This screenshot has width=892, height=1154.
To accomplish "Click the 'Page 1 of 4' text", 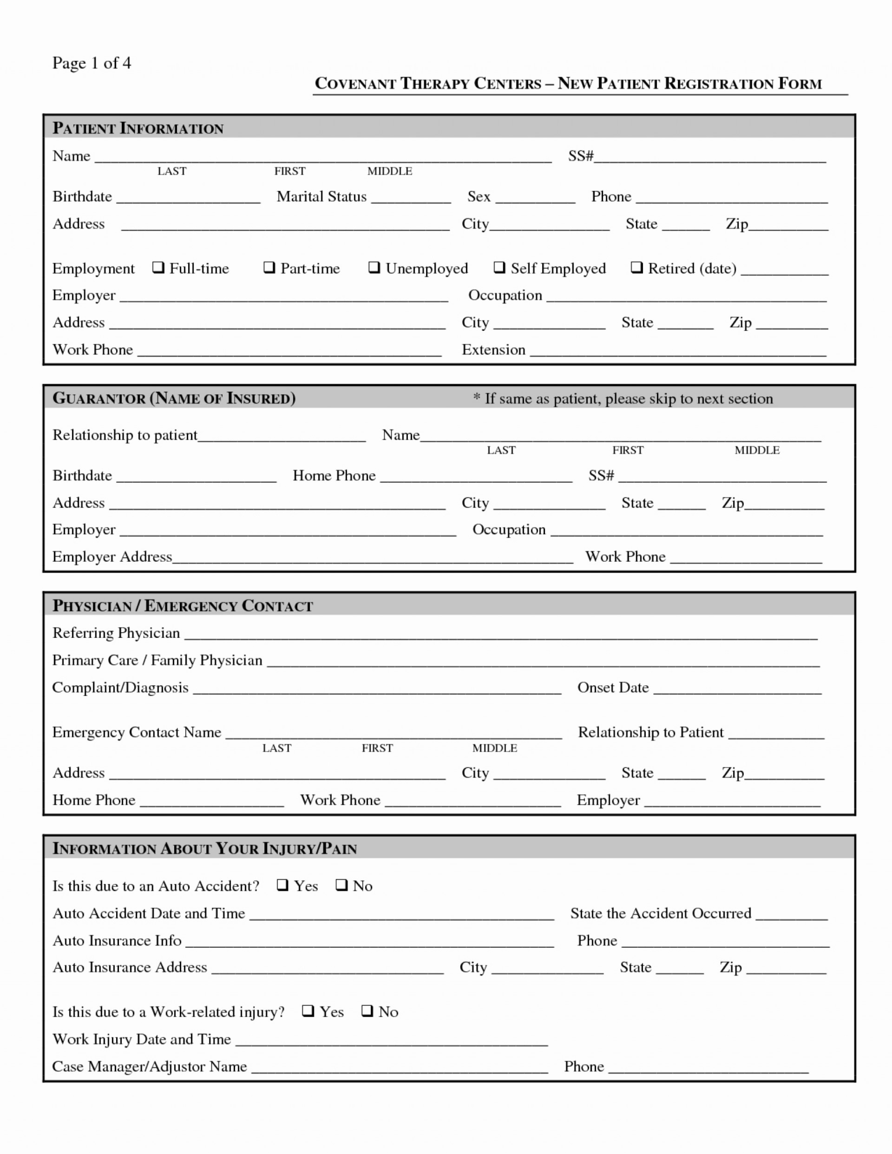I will coord(91,63).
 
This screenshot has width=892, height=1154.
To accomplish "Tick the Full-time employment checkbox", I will coord(158,267).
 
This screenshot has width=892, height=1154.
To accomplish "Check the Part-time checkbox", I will coord(269,267).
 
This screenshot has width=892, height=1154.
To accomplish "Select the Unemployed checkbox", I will coord(374,267).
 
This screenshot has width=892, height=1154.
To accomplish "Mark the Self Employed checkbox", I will coord(499,267).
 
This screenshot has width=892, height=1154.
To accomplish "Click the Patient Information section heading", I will coord(138,128).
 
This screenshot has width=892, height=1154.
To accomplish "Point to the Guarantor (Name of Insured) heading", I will coord(174,398).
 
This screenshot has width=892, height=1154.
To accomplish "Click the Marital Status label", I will coord(321,197).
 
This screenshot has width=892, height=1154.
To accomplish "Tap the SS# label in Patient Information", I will coord(580,156).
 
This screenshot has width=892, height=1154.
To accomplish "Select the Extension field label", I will coord(493,350).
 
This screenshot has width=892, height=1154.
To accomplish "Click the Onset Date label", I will coord(613,687).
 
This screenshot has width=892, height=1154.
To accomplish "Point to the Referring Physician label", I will coord(116,633).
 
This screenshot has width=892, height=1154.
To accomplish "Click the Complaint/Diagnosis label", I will coord(120,687).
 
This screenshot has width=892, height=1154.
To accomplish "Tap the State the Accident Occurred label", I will coord(660,913).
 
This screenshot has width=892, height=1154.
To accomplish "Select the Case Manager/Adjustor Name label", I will coord(149,1066).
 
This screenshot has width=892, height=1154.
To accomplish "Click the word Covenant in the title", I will coord(355,83).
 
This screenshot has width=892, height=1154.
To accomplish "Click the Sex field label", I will coord(478,197).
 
